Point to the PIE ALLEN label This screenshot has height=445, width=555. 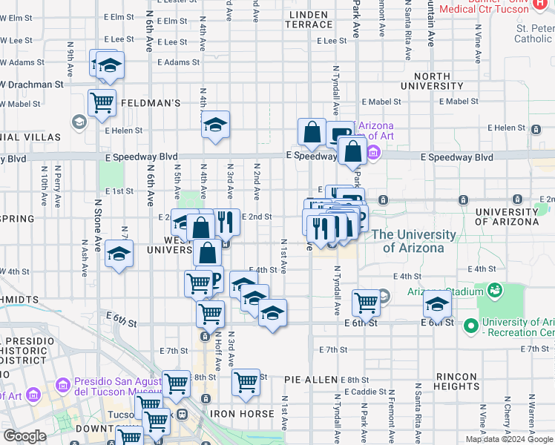pos(311,380)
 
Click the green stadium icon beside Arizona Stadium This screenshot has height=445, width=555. pos(494,291)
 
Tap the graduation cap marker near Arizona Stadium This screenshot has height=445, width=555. pos(437,303)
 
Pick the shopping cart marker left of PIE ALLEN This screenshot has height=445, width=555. pos(246,383)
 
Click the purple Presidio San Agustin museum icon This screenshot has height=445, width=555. pos(62,386)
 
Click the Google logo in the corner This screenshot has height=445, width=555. pos(24,436)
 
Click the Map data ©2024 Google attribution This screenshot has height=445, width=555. pos(509,439)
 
